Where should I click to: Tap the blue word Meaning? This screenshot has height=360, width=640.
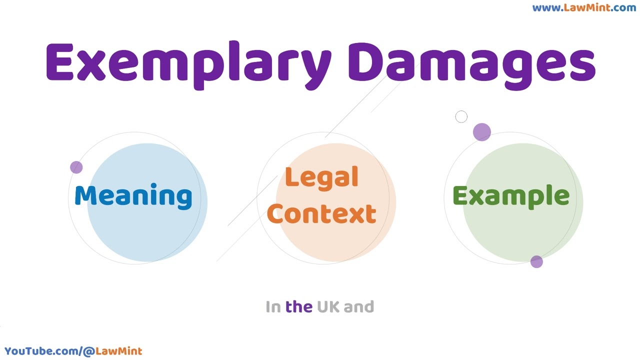[x=133, y=195]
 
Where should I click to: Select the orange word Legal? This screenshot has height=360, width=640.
[x=321, y=177]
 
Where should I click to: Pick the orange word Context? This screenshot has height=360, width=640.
[x=321, y=213]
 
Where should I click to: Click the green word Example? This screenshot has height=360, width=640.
[x=510, y=195]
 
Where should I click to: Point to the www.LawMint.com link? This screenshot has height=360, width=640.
[x=584, y=7]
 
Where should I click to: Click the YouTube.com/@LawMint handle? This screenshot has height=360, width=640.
[x=73, y=351]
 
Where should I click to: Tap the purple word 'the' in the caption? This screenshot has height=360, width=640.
[x=298, y=306]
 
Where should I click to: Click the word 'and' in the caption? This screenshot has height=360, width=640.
[x=359, y=306]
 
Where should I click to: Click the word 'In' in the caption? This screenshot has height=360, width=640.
[x=273, y=306]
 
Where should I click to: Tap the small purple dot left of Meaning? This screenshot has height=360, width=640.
[x=76, y=167]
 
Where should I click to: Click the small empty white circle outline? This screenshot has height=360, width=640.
[x=461, y=117]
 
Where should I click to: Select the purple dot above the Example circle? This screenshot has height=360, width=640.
[x=481, y=132]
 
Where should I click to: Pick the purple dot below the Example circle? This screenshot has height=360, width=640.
[x=536, y=262]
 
